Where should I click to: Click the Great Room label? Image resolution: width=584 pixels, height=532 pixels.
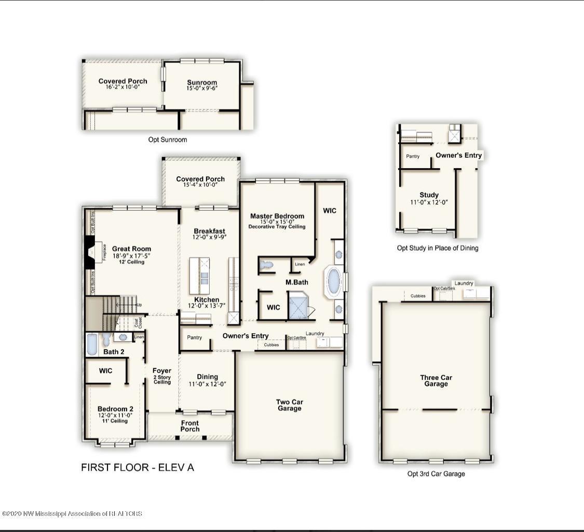point(131,249)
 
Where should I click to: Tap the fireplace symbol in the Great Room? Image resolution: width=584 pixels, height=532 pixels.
point(90,253)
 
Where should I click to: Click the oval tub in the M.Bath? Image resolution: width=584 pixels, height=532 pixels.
point(333,282)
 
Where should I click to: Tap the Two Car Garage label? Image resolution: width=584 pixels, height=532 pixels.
point(289,405)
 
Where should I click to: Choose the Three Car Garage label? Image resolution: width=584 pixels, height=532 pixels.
point(436,381)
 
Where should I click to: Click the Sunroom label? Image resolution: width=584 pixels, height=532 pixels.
point(202,83)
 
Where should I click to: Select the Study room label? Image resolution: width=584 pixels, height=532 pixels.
point(429,195)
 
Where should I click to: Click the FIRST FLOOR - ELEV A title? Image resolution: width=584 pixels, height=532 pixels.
point(138,468)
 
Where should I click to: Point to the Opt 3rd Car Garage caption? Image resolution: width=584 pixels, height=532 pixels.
point(436,474)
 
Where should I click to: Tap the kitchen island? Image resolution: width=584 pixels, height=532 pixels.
point(199,275)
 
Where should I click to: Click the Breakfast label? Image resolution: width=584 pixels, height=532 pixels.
point(209,231)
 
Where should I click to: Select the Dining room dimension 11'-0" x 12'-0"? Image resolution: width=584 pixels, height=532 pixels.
point(207,384)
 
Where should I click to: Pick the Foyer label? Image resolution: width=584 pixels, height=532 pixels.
point(162,371)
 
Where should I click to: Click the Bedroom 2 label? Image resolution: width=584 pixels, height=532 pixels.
point(115,409)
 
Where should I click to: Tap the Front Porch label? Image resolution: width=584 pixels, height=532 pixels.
point(190,426)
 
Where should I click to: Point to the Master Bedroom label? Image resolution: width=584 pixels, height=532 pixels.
point(277,216)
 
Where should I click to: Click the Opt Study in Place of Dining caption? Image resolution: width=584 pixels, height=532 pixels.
point(438,248)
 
